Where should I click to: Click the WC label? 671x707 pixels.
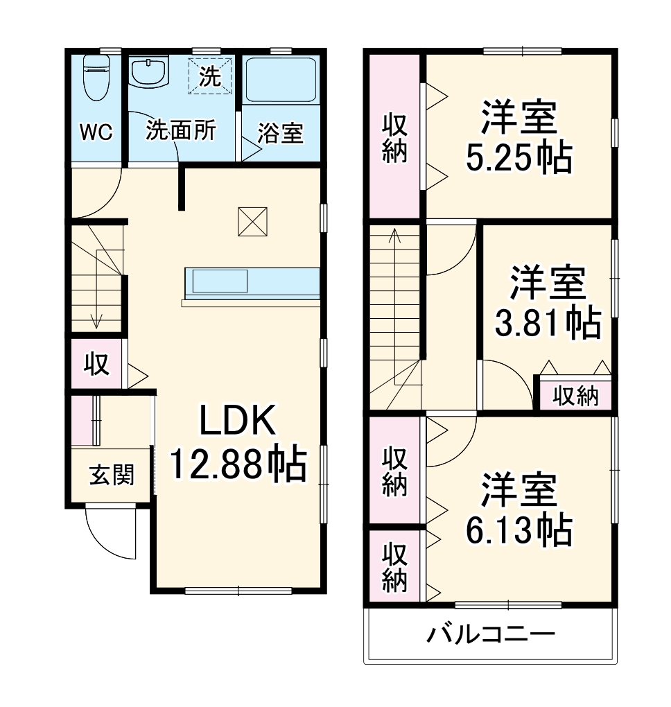[x=96, y=132]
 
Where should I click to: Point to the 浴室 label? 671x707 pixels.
[x=280, y=133]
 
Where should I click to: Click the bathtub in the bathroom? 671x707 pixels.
[x=281, y=80]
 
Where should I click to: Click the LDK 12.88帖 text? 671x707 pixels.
[x=238, y=444]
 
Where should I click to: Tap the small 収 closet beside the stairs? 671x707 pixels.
[x=97, y=364]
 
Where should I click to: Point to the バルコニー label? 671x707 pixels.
[x=490, y=634]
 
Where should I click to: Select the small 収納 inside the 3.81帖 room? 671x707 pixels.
[x=575, y=396]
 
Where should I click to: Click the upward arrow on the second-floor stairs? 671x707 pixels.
[x=394, y=236]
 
